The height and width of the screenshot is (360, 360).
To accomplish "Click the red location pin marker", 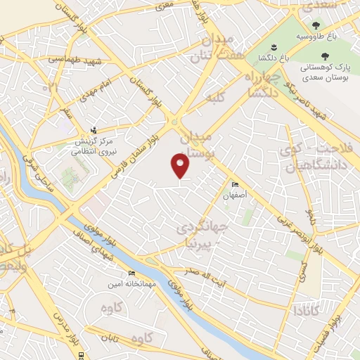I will tap(181, 165).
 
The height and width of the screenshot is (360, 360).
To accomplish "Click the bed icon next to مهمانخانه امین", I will tap(131, 274).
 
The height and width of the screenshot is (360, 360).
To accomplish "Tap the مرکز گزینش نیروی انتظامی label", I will tap(95, 145).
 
